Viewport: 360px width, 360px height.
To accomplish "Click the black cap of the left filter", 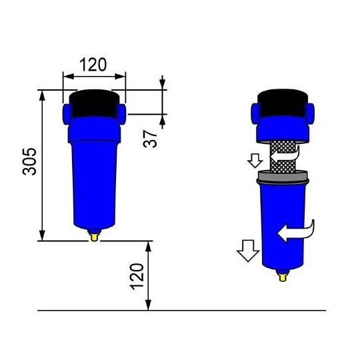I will (94, 103).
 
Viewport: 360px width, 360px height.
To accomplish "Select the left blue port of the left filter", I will (68, 111).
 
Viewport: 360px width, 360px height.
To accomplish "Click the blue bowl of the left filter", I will (94, 180).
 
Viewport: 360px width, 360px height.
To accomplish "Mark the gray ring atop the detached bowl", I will (283, 177).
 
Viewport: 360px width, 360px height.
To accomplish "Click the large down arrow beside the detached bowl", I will (247, 252).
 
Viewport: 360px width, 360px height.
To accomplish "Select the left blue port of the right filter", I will (255, 111).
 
